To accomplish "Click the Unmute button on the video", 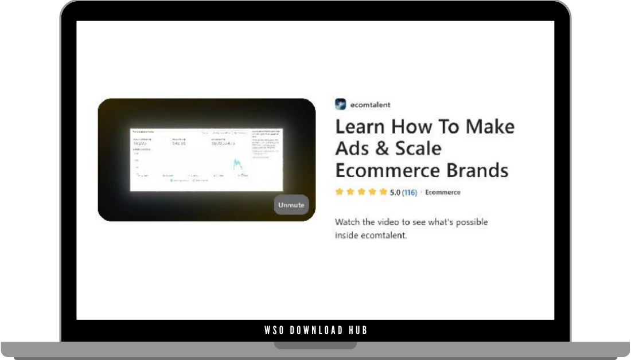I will click(291, 205).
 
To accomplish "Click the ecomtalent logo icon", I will click(341, 104).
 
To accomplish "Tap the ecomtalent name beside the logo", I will click(371, 105).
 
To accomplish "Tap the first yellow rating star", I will click(340, 192).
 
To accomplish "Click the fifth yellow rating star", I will click(383, 192).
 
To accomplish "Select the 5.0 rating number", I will click(395, 193).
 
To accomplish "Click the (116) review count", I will click(410, 193).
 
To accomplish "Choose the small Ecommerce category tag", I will click(442, 193).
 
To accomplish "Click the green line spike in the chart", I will click(236, 165).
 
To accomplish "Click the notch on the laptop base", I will click(315, 346).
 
